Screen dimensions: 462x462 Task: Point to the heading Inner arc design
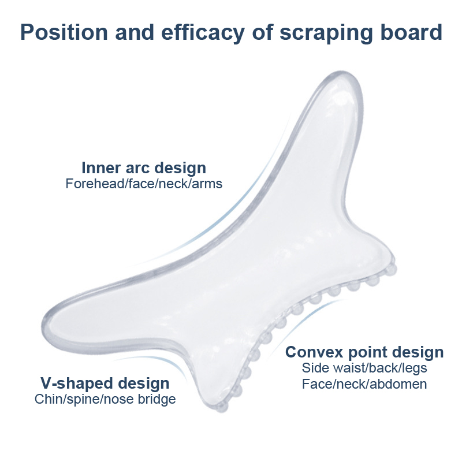point(144,168)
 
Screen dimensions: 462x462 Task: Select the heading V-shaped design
point(105,383)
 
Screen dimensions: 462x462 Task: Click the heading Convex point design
point(364,352)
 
